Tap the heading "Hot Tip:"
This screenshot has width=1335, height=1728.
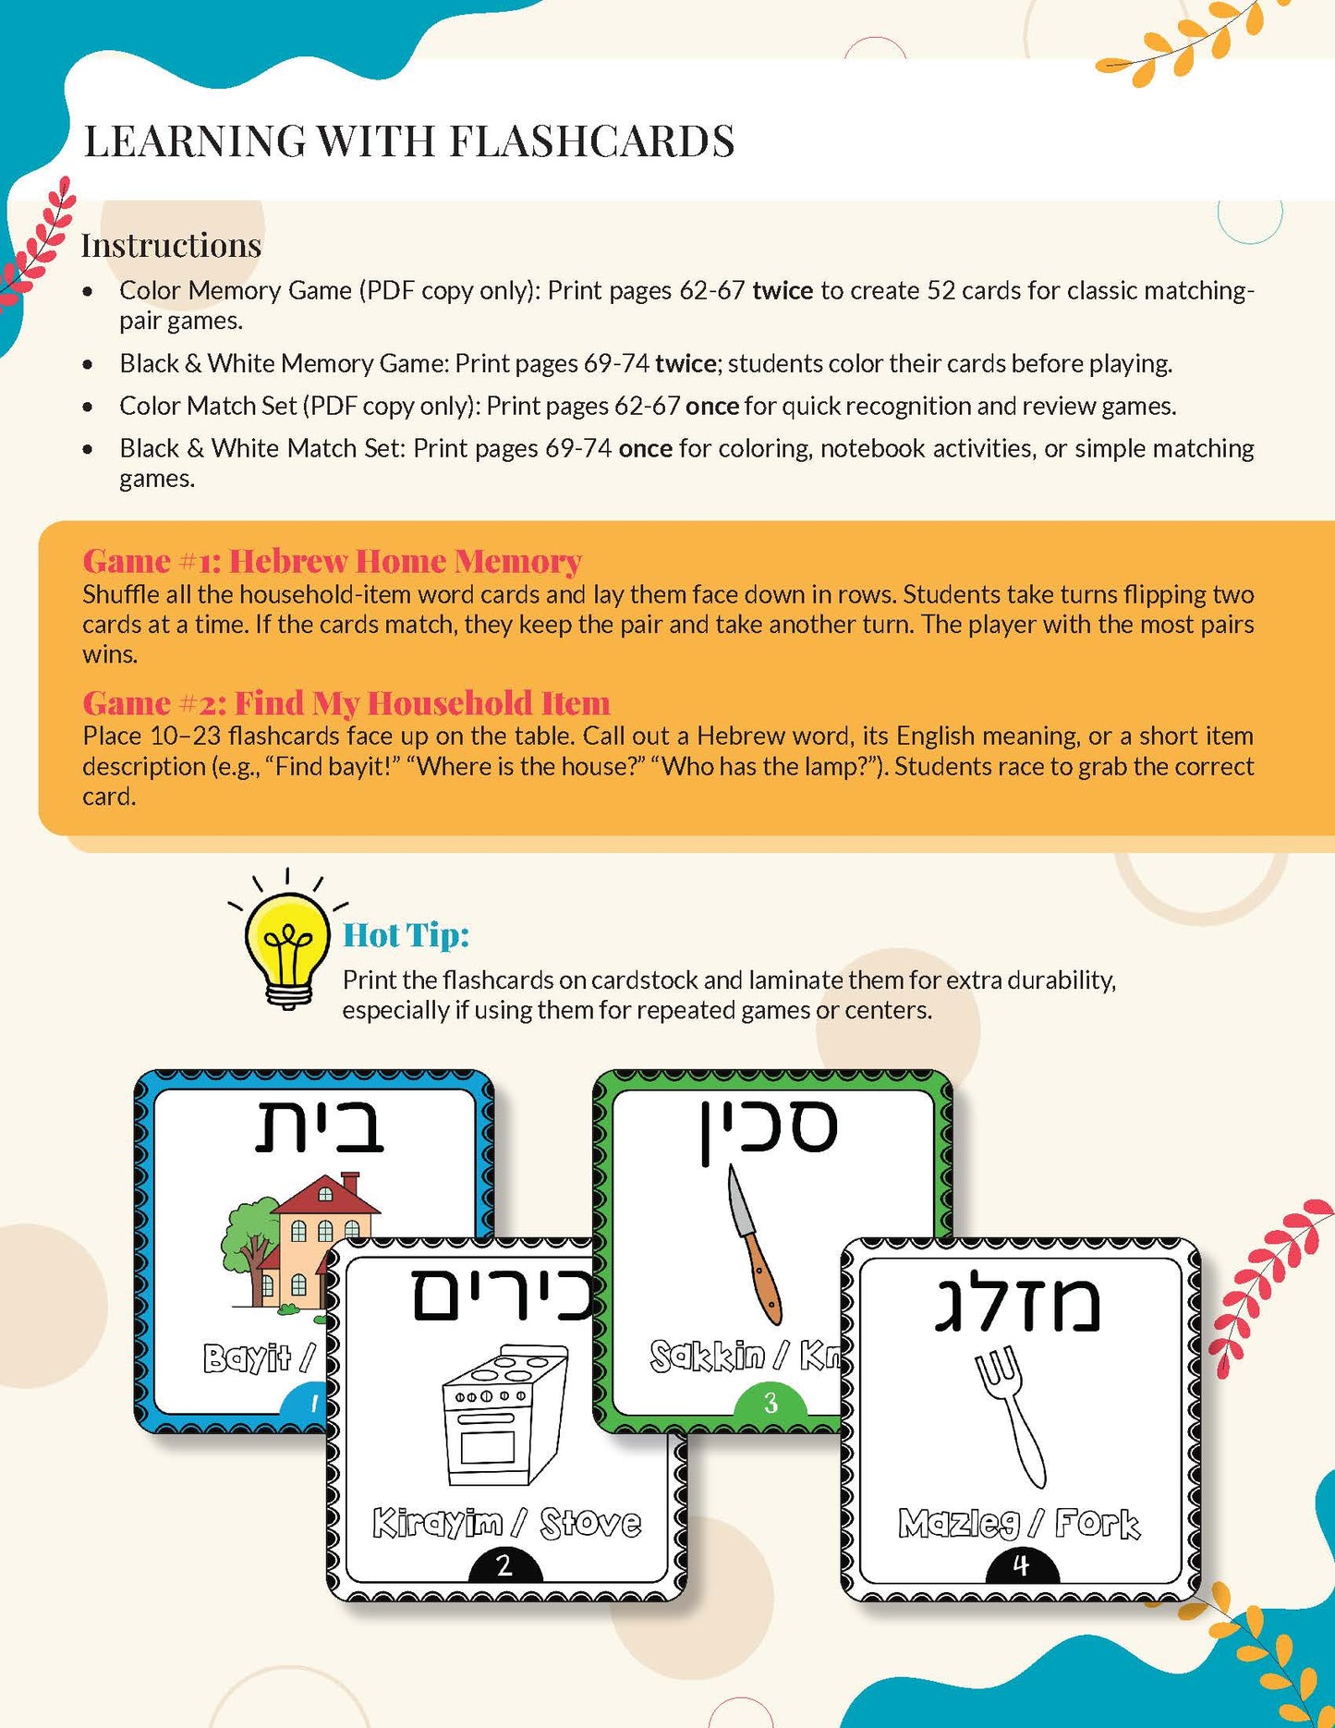406,935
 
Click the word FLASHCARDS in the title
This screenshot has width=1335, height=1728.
591,141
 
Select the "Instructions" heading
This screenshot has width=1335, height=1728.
171,245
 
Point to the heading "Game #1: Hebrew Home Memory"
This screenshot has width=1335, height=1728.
332,561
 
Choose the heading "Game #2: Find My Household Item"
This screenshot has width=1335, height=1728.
346,703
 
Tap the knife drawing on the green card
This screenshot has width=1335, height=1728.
754,1243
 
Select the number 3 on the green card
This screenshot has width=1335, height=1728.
771,1404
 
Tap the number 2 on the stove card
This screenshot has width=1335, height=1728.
504,1565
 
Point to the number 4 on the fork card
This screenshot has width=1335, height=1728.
1021,1565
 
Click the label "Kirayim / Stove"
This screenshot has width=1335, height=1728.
506,1523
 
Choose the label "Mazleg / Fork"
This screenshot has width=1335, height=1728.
1019,1523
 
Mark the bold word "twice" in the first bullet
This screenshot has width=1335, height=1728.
783,290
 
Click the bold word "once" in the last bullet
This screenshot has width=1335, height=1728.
645,448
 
